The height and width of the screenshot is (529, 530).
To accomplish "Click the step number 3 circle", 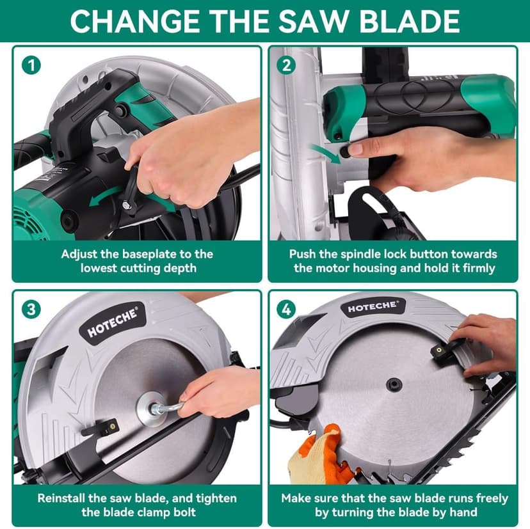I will point(29,309).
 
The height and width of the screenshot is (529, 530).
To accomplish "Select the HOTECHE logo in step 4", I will point(372,308).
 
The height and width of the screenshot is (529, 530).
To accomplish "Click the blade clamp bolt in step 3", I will point(154,409).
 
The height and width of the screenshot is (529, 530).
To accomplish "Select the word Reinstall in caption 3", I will point(63,498).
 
